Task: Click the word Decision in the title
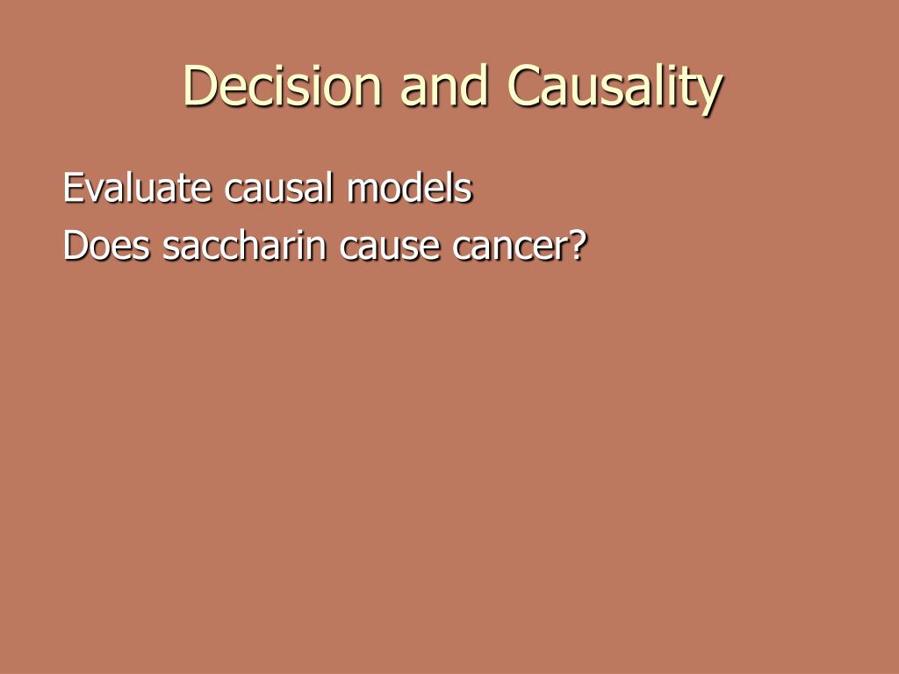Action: (283, 87)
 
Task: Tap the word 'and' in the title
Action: (443, 87)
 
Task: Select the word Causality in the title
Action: (614, 87)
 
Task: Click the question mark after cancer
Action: (575, 246)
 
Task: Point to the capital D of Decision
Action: (199, 87)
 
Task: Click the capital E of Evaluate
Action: (73, 189)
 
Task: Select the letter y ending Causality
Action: (709, 92)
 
